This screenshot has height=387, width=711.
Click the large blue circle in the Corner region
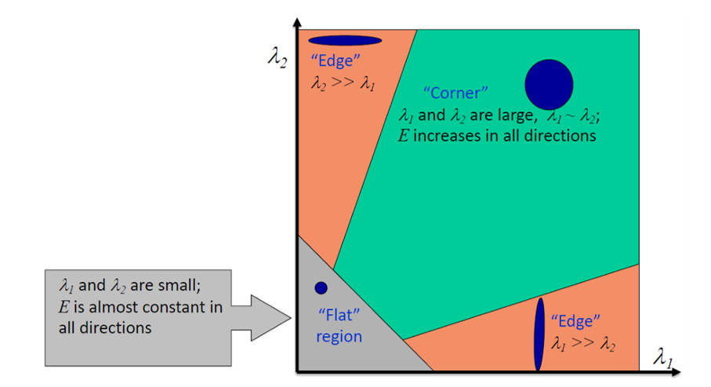(549, 84)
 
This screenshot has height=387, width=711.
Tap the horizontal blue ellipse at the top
(345, 40)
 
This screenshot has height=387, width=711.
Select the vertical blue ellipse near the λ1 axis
(539, 334)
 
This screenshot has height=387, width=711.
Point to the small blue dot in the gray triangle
(321, 288)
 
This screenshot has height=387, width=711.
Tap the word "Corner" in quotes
(455, 93)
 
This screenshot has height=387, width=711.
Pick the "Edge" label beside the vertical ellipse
(575, 320)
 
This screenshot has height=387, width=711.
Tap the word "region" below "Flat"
(339, 336)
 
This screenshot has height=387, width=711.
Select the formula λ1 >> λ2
(582, 343)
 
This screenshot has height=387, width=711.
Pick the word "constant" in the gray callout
(163, 306)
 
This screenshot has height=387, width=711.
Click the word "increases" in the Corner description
(444, 136)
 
